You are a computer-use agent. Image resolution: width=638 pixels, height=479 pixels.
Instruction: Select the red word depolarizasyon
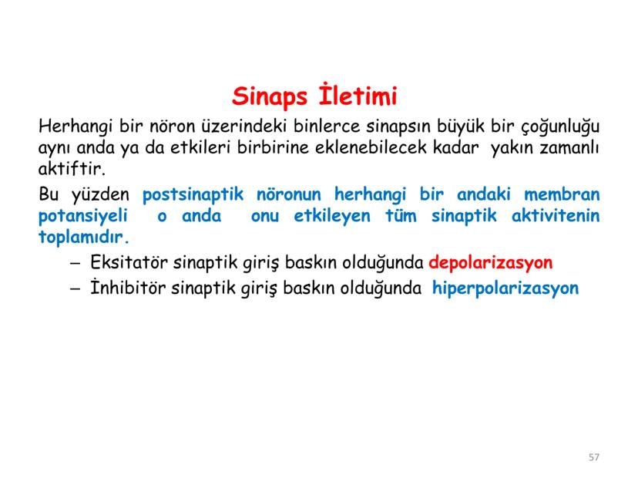click(491, 263)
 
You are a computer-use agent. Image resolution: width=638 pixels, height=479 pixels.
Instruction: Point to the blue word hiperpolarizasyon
click(505, 288)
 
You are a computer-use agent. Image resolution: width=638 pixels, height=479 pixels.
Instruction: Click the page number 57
click(593, 457)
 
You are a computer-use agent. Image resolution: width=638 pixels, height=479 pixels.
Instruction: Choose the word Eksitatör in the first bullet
click(123, 263)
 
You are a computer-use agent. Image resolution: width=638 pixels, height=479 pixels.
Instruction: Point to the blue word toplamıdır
click(84, 237)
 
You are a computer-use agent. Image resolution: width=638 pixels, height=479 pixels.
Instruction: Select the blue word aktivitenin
click(555, 216)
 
